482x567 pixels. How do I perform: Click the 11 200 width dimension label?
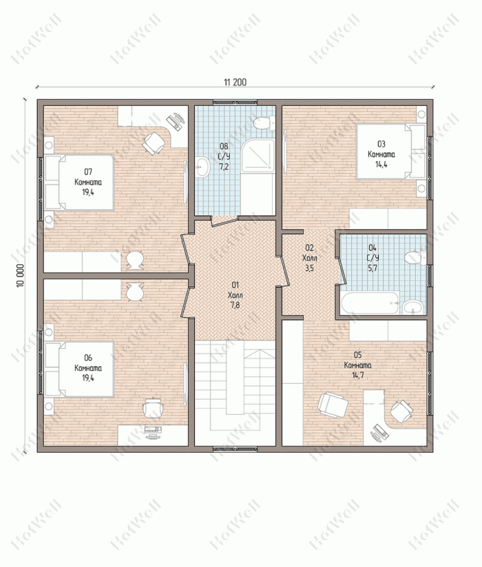(235, 83)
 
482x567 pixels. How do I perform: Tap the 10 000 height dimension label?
(20, 275)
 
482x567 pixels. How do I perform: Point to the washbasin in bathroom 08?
(202, 167)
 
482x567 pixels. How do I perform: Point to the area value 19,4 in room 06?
(88, 378)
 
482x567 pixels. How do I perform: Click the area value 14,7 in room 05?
(358, 375)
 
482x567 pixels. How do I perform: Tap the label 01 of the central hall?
(235, 286)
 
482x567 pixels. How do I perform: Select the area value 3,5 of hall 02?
(309, 268)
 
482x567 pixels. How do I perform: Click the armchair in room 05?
(332, 405)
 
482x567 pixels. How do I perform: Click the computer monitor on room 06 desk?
(154, 429)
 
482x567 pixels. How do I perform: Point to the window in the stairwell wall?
(235, 449)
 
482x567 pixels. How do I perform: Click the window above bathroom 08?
(235, 103)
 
